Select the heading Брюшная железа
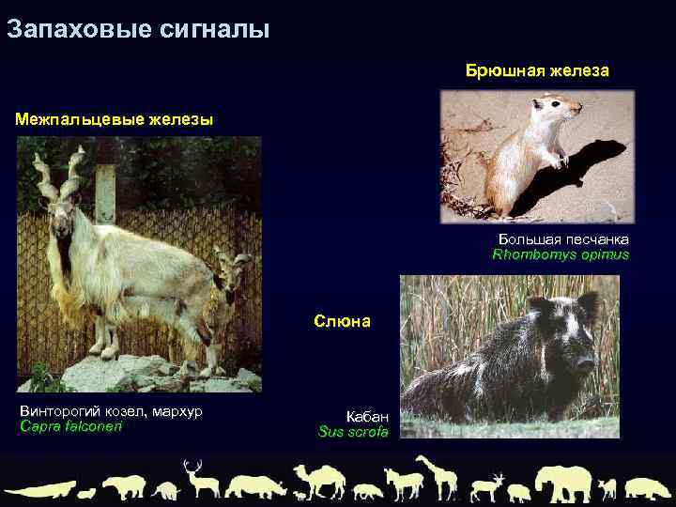(537, 70)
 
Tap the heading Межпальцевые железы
(114, 119)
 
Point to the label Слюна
(342, 321)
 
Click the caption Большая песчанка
(563, 239)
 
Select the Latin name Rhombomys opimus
(561, 254)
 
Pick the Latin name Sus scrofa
(353, 432)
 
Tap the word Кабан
(366, 416)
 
